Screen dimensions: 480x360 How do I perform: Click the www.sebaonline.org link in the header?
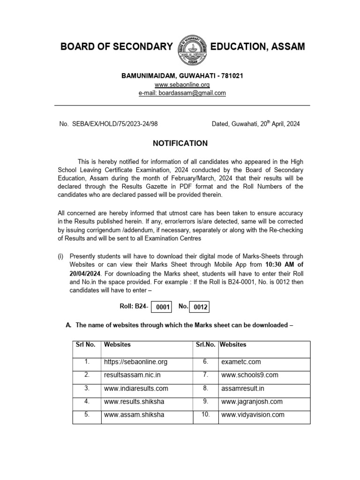[182, 84]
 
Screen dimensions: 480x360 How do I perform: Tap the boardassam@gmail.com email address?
[182, 93]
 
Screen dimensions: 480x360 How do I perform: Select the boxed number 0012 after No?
[200, 307]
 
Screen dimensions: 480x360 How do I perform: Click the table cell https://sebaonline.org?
[135, 362]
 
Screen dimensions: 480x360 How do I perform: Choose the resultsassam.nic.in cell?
[132, 375]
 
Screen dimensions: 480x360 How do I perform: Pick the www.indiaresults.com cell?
[136, 389]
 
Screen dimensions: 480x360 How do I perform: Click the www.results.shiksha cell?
[134, 402]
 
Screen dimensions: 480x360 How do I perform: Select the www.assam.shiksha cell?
[134, 415]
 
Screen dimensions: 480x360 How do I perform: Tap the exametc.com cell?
[241, 362]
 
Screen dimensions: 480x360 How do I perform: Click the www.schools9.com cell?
[249, 375]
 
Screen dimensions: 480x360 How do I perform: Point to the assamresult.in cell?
[243, 389]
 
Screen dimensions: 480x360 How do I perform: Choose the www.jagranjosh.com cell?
[252, 402]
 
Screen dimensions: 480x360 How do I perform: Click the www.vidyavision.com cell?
[253, 415]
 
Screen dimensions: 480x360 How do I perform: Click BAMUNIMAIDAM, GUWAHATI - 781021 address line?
[182, 75]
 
